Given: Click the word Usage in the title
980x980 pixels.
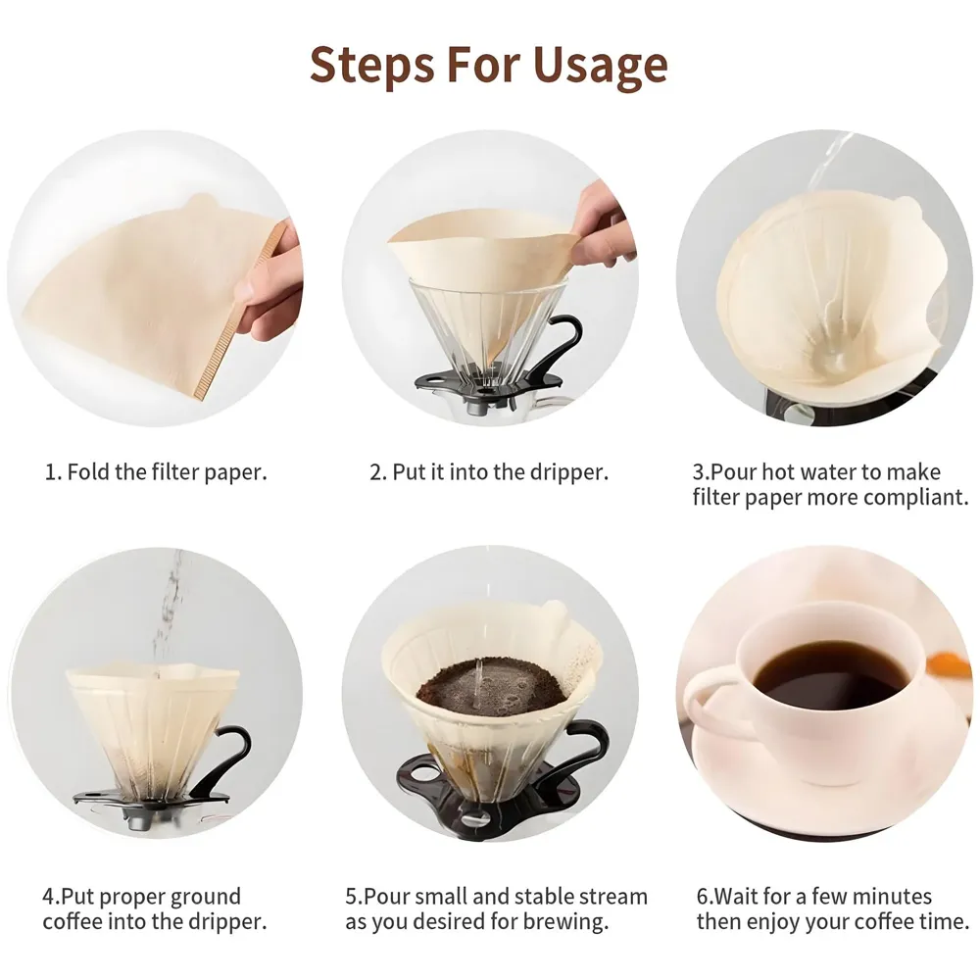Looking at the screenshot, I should click(600, 66).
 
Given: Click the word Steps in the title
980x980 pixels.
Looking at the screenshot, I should click(371, 66).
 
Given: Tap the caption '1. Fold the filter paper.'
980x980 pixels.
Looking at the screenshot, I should click(156, 471).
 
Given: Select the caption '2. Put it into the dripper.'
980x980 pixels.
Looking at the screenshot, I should click(489, 471).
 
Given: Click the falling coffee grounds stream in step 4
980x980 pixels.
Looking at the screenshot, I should click(169, 608).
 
